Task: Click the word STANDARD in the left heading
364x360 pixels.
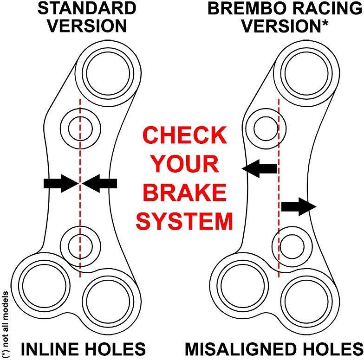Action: coord(87,8)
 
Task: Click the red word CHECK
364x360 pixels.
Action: coord(185,135)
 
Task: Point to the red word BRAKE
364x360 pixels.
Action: coord(185,192)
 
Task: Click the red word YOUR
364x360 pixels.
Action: coord(185,164)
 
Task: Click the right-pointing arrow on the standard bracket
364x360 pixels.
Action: coord(61,183)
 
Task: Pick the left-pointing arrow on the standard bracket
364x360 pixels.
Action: coord(99,183)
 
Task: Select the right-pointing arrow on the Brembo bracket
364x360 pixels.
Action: coord(299,206)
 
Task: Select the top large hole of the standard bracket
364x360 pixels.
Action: coord(108,73)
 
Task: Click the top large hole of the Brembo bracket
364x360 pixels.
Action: coord(306,73)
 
